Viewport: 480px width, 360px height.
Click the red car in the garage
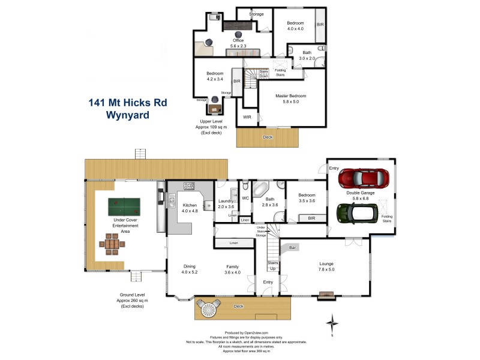364,178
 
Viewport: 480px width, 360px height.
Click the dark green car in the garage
356,212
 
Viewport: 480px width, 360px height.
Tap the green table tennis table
124,208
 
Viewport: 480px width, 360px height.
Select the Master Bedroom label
291,99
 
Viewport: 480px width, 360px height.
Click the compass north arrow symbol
332,325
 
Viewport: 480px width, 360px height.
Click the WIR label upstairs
247,116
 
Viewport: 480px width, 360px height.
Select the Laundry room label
226,204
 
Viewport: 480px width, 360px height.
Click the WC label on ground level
245,198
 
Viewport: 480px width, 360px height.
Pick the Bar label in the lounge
293,247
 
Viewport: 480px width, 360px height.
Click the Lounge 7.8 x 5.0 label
326,266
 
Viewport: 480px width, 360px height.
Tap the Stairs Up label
272,265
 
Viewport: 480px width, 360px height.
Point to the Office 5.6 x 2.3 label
238,43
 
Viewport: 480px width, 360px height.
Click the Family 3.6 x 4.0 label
232,269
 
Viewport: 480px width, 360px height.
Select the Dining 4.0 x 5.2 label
190,269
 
